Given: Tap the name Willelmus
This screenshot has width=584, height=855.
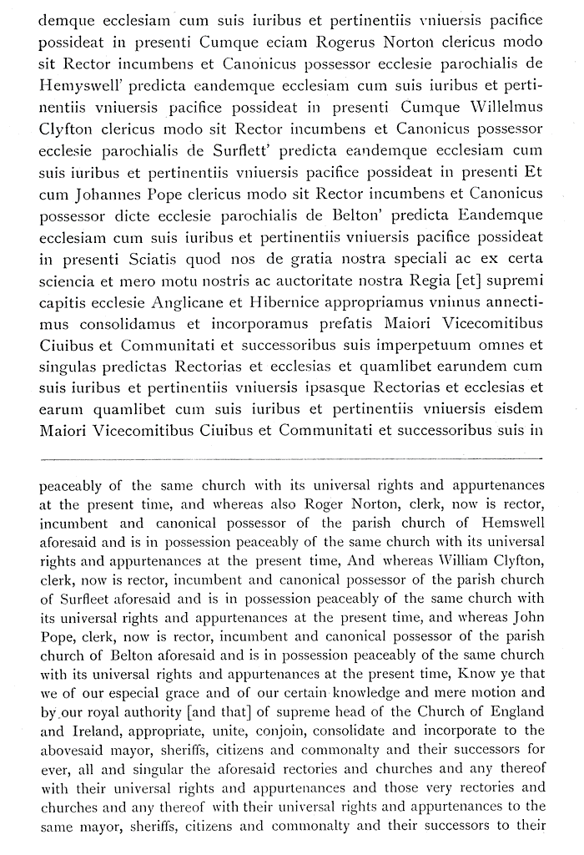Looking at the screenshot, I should click(x=501, y=108).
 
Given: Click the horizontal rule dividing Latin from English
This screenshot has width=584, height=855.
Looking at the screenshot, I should click(x=291, y=458).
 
